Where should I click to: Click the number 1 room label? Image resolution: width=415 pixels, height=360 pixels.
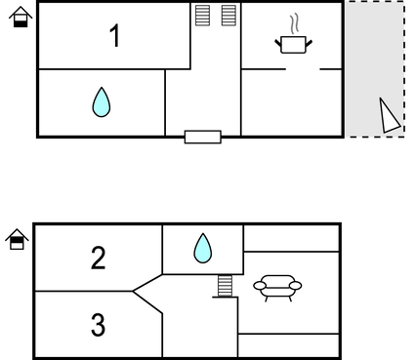[115, 36]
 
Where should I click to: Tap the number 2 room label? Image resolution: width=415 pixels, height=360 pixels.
[98, 259]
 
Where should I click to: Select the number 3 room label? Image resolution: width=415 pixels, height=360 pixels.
[98, 325]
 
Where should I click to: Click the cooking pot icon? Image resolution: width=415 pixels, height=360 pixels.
[293, 44]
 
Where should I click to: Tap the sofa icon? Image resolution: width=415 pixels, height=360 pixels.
[277, 286]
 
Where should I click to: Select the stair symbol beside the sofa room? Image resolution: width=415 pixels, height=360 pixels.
[226, 286]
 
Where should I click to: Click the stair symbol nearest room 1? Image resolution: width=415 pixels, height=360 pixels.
[202, 16]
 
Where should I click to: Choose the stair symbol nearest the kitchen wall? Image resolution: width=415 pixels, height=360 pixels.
[228, 16]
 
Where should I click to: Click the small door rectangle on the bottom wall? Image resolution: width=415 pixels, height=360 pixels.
[202, 137]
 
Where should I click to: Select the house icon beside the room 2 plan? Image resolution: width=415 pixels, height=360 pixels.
[17, 239]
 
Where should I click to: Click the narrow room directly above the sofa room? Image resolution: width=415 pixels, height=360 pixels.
[291, 238]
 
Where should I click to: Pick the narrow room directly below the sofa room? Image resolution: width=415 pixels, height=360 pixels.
[289, 345]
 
